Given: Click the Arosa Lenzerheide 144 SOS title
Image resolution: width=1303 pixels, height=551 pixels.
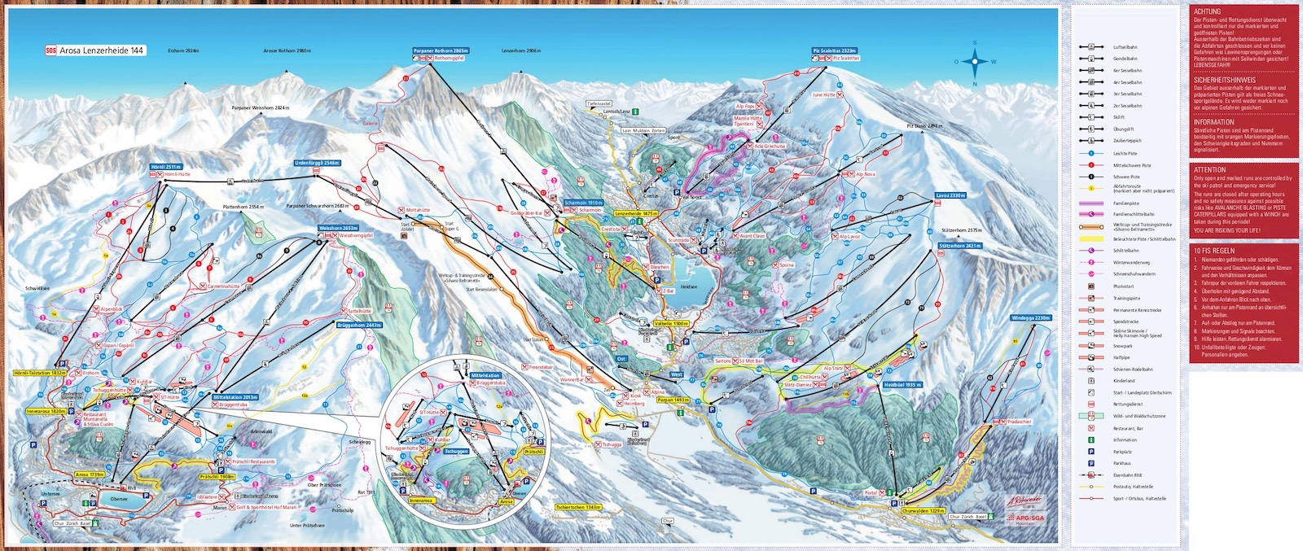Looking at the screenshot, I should [x=95, y=50].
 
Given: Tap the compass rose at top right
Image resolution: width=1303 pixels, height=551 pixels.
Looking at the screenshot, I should [x=974, y=61].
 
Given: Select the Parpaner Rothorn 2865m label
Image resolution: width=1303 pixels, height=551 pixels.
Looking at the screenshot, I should [x=441, y=50].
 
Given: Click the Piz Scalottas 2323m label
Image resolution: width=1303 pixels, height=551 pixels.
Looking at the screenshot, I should [x=834, y=50].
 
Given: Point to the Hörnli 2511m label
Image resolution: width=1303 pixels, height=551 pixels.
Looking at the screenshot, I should [x=166, y=167].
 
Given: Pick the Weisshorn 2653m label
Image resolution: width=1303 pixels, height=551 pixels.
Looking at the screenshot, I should [x=338, y=229].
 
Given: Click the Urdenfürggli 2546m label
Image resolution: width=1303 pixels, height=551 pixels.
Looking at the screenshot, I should [x=317, y=163].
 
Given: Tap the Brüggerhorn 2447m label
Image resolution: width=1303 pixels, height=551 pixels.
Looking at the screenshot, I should [x=359, y=325].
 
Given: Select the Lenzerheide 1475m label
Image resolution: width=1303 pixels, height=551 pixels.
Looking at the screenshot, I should [x=636, y=213].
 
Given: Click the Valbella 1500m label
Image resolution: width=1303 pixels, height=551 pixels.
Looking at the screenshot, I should [x=671, y=323].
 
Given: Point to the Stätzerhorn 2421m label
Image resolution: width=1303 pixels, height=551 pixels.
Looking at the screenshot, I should [x=959, y=246].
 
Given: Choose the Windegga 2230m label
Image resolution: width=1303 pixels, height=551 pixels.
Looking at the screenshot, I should [x=1031, y=318].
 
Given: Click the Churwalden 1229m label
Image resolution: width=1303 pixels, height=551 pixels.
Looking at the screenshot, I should [x=924, y=511].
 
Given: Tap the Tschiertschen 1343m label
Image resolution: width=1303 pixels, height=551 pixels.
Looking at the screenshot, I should [x=578, y=507].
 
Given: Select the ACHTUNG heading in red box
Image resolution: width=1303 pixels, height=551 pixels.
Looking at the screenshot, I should [x=1207, y=11].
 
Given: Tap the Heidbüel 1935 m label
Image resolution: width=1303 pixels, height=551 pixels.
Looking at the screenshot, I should [x=902, y=385].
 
